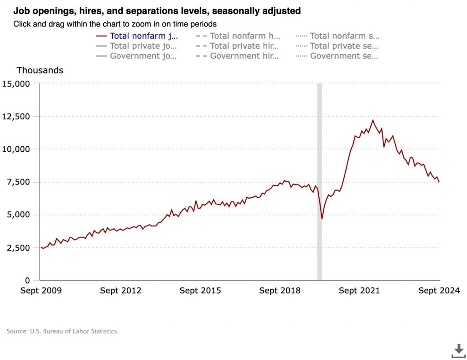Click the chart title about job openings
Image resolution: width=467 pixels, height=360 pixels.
(x=157, y=10)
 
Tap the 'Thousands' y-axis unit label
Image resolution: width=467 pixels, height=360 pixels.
(x=40, y=70)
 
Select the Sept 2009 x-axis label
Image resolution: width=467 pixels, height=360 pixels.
(x=41, y=291)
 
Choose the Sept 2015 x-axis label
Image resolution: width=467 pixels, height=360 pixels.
(x=200, y=291)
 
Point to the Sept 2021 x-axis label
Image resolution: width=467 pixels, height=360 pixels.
(x=359, y=291)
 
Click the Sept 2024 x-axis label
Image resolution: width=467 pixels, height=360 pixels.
(x=439, y=291)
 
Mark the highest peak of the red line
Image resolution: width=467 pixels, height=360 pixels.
(x=373, y=120)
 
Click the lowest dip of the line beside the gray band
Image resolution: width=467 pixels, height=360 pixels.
(x=322, y=219)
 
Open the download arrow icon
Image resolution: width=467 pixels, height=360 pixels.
(x=458, y=350)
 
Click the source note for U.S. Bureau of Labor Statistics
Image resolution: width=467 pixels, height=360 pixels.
(x=62, y=331)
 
